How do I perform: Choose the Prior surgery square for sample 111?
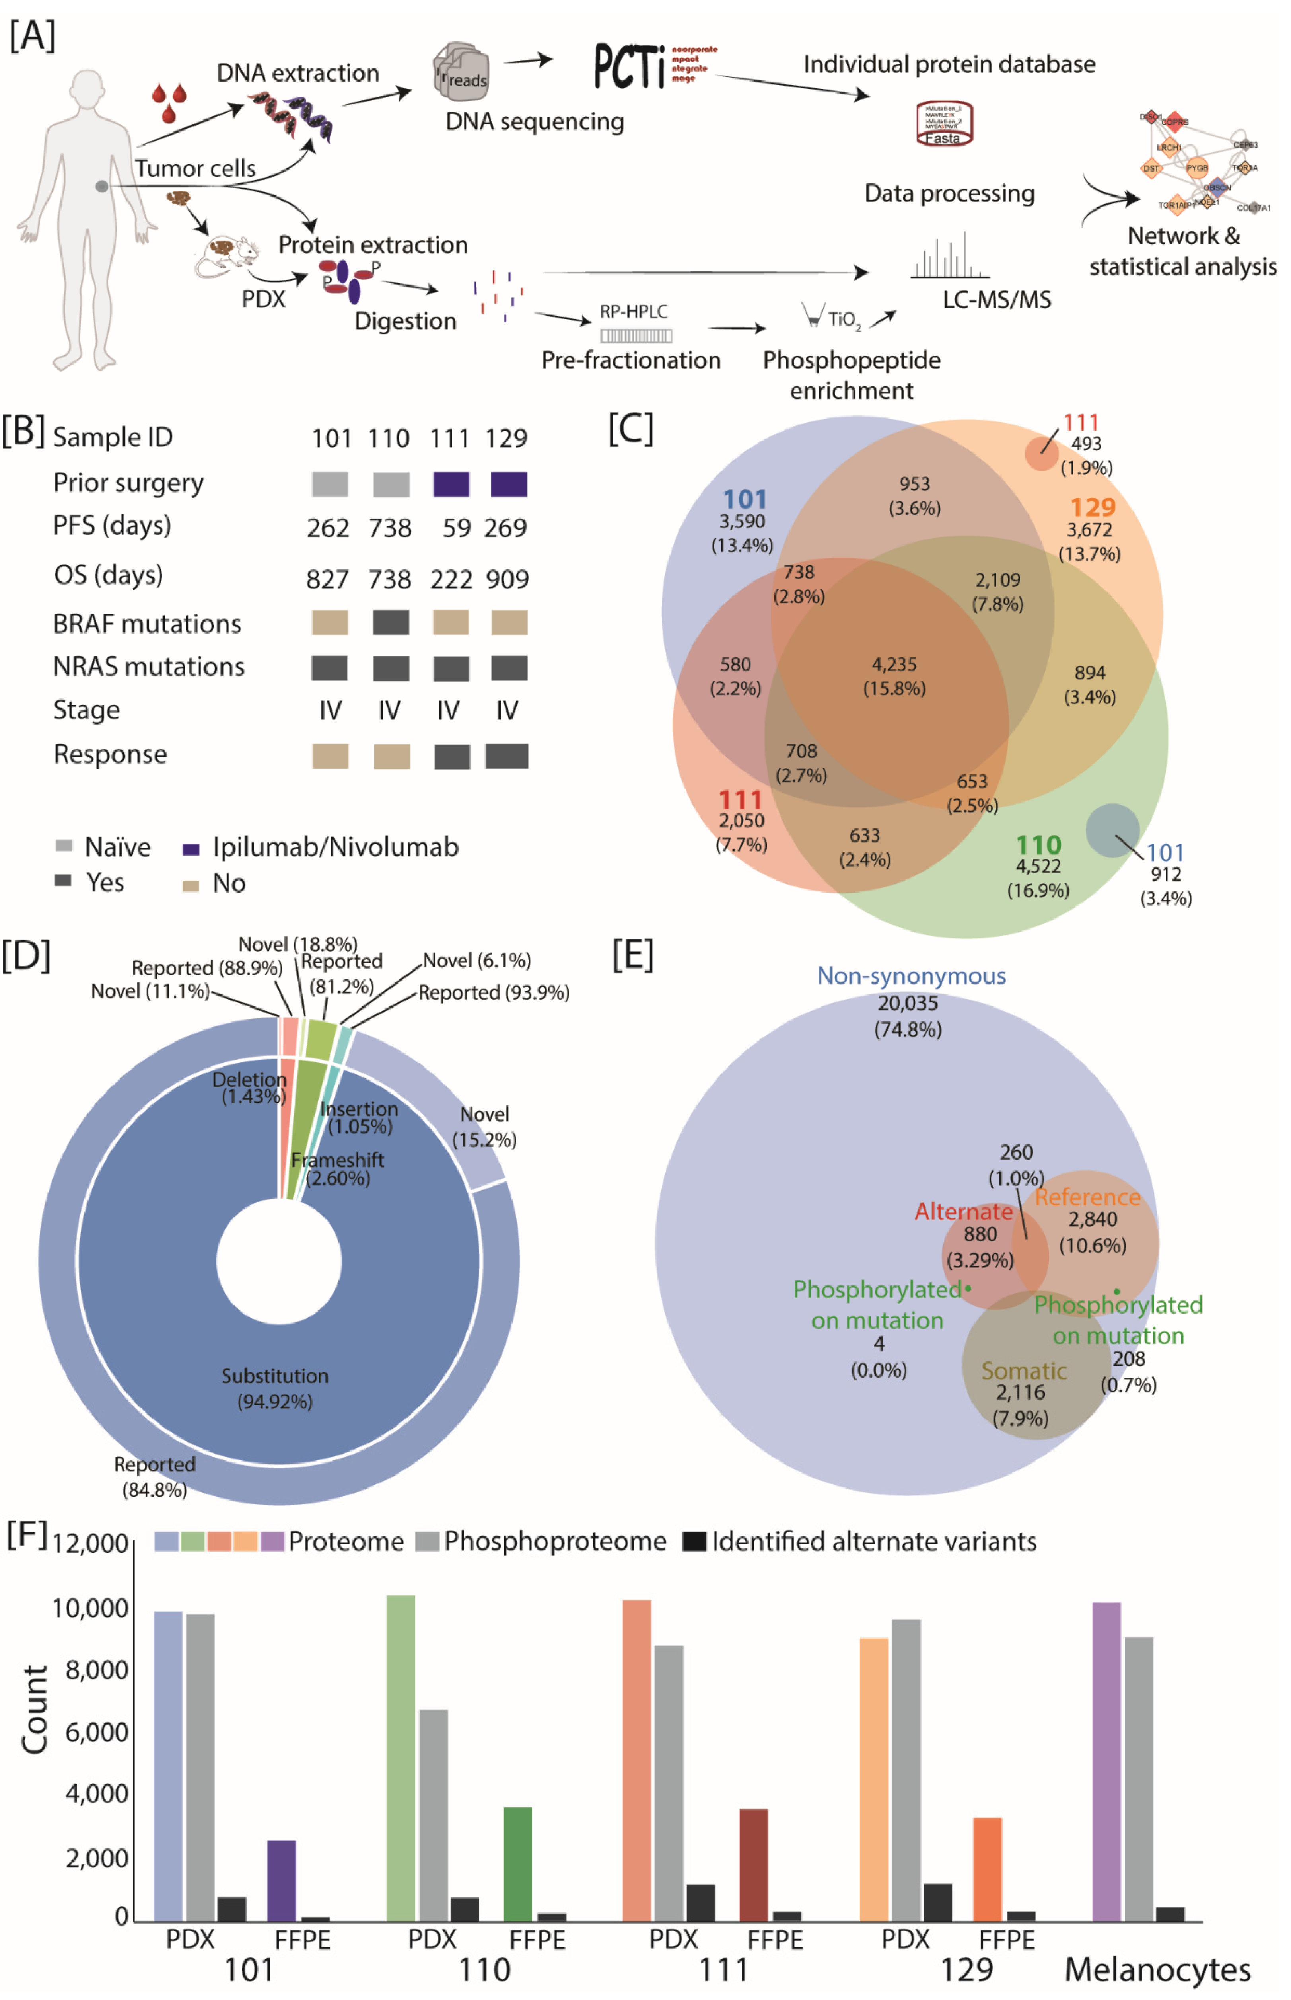click(x=450, y=484)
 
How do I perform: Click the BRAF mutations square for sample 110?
click(x=391, y=622)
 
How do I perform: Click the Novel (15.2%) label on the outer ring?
click(x=484, y=1125)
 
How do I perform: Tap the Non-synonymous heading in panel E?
click(x=911, y=975)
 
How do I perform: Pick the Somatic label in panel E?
click(x=1024, y=1370)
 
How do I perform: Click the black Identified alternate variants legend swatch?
click(x=694, y=1540)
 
